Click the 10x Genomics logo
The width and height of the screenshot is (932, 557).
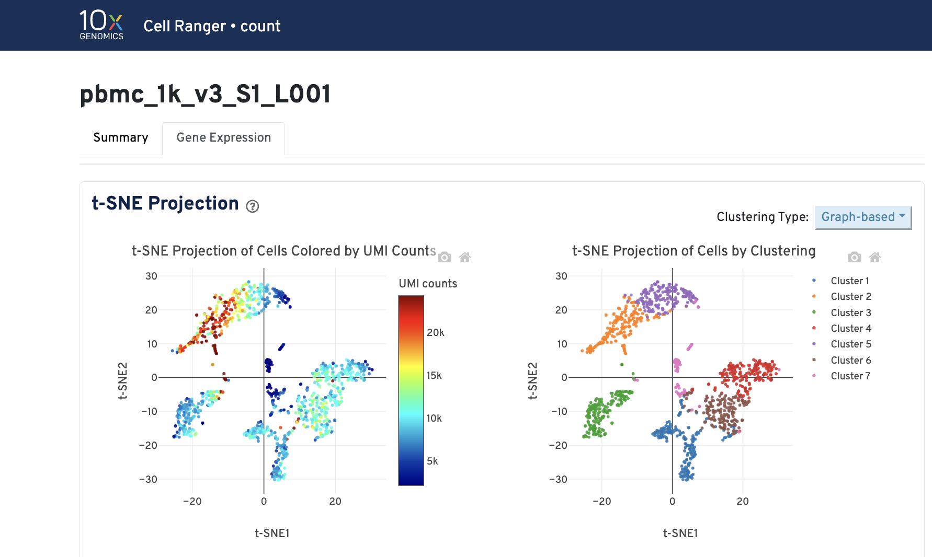101,25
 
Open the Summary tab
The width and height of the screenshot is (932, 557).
120,137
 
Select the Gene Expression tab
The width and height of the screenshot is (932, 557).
223,137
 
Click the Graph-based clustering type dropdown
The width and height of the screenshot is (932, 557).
862,217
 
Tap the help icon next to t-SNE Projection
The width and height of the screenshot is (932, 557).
253,206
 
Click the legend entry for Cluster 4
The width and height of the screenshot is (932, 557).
850,328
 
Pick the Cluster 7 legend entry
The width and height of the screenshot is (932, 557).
850,376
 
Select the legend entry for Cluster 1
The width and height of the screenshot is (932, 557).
849,281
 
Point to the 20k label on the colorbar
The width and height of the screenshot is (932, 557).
435,332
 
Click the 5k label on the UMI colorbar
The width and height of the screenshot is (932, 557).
432,461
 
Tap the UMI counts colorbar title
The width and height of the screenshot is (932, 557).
427,283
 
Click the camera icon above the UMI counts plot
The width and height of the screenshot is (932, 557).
445,257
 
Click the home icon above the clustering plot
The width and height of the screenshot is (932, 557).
874,257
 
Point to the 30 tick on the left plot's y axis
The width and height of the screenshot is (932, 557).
151,276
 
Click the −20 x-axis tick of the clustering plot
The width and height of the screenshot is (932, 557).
601,501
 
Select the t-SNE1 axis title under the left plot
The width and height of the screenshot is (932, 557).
272,533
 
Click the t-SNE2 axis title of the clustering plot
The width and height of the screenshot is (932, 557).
532,380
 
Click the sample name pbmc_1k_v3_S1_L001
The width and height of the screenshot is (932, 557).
205,95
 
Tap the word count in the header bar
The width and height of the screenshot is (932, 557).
260,26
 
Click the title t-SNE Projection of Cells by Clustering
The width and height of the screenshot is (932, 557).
694,251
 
